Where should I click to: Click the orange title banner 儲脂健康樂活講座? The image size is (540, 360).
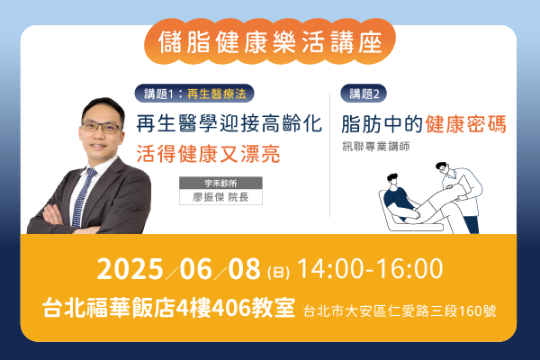(270, 41)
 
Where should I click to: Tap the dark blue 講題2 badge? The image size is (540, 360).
(364, 94)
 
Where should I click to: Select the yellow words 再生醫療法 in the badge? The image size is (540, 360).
(217, 94)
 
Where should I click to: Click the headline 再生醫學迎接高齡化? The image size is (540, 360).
(229, 123)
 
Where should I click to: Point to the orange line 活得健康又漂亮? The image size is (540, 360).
(209, 154)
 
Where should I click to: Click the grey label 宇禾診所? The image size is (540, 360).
(220, 183)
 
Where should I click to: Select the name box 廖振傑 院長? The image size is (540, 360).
(220, 197)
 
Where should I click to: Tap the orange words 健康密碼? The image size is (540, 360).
(465, 124)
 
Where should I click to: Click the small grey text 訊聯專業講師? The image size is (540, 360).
(376, 147)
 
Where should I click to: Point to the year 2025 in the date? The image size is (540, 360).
(130, 269)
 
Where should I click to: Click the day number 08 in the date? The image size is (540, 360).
(244, 269)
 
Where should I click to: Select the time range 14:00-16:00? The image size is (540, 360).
(370, 269)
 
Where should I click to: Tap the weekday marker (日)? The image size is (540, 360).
(278, 273)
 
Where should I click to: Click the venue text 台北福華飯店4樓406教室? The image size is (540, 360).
(169, 307)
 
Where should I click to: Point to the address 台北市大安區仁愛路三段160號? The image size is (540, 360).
(400, 311)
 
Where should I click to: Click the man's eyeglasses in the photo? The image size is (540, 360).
(102, 127)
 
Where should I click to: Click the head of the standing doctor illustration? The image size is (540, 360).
(442, 168)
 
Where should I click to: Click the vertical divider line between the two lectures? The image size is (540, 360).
(329, 155)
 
